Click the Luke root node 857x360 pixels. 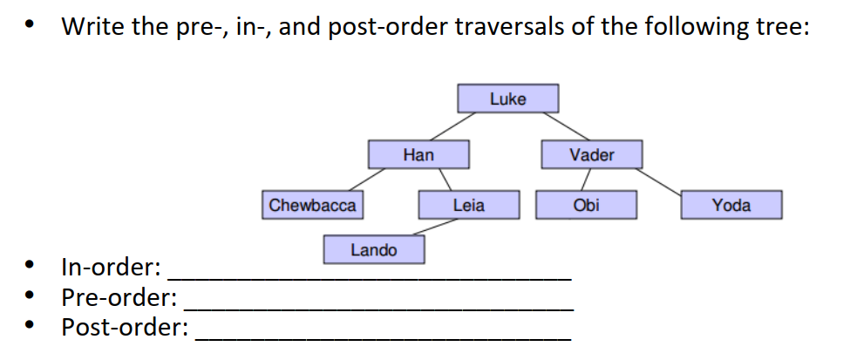tap(507, 98)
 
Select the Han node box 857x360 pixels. tap(418, 155)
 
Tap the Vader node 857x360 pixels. tap(591, 155)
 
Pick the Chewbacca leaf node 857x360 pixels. tap(312, 206)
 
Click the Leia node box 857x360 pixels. tap(468, 206)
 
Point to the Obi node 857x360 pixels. tap(586, 206)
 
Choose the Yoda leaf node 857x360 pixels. tap(731, 206)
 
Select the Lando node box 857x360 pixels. tap(373, 250)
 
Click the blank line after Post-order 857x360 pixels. tap(384, 336)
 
